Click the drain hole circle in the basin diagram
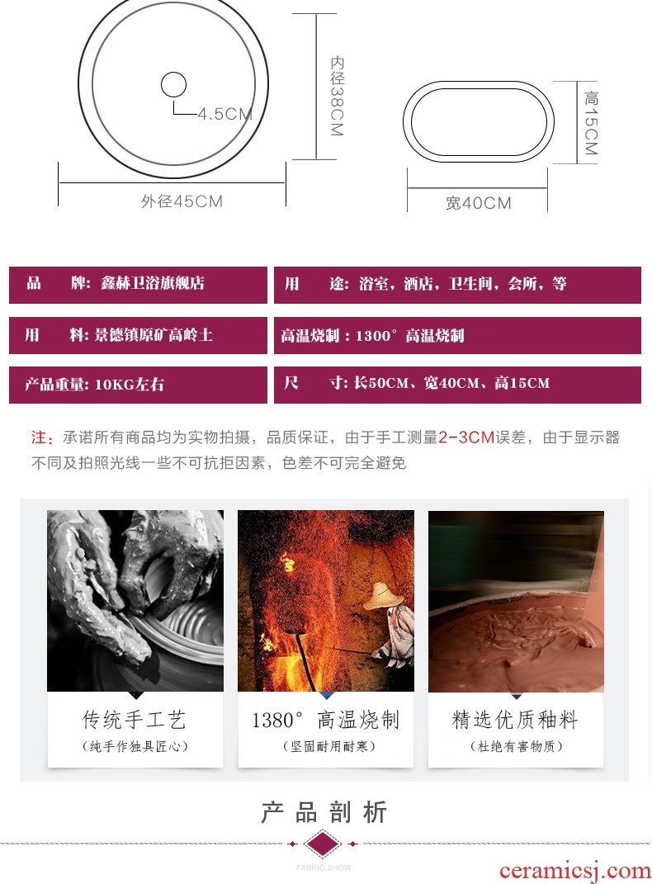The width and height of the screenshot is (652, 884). click(x=173, y=85)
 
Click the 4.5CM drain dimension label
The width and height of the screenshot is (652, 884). click(x=224, y=114)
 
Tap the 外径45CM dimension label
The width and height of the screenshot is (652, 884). click(x=182, y=201)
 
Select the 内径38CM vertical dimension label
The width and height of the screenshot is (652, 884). click(x=337, y=95)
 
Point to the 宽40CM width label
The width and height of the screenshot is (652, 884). click(x=479, y=203)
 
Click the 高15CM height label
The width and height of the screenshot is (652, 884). click(x=591, y=123)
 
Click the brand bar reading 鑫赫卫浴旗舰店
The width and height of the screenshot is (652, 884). click(x=138, y=285)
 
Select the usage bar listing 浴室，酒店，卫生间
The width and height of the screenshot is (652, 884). click(x=457, y=285)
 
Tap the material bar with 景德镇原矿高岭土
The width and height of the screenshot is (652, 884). click(x=138, y=335)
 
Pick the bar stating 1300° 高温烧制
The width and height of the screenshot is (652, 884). click(x=457, y=335)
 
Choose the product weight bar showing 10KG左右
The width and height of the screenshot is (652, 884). click(x=138, y=385)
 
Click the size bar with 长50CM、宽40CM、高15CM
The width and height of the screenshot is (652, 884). click(x=457, y=385)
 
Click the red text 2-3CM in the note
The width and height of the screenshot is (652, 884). click(x=466, y=437)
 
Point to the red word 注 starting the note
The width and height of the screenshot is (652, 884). click(x=39, y=437)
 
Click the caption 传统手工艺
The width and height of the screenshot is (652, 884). click(x=135, y=720)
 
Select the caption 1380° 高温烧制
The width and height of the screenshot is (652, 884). click(x=326, y=720)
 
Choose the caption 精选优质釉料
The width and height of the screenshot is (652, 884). click(x=515, y=720)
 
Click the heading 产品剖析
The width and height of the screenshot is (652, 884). click(x=324, y=812)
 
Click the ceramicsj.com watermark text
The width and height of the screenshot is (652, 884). click(x=574, y=870)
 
